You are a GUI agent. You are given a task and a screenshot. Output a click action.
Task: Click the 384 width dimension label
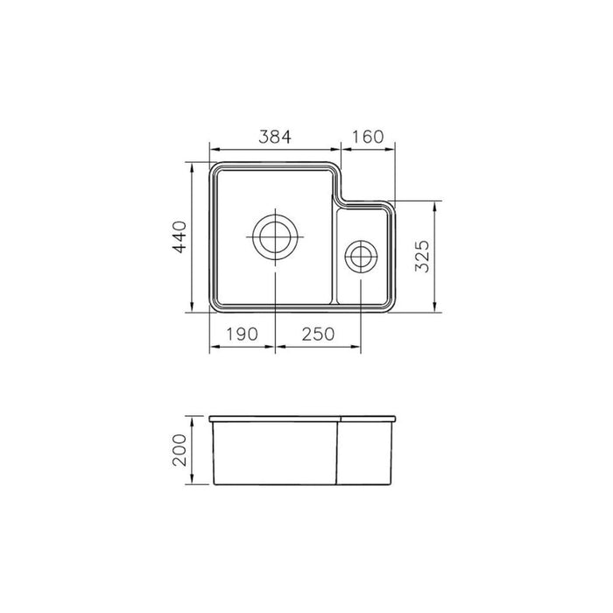(x=273, y=137)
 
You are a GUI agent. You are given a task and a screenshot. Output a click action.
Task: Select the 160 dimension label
(x=368, y=137)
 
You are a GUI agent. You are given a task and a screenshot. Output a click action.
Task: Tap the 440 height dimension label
(x=179, y=237)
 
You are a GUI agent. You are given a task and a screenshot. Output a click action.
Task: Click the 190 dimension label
(x=241, y=334)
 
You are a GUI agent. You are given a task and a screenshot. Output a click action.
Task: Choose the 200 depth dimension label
(x=180, y=451)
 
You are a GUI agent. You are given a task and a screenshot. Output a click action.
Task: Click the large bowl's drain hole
(x=275, y=236)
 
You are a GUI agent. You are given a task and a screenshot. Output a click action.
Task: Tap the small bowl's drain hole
(x=360, y=257)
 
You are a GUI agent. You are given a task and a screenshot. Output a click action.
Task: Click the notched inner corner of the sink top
(x=340, y=203)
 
